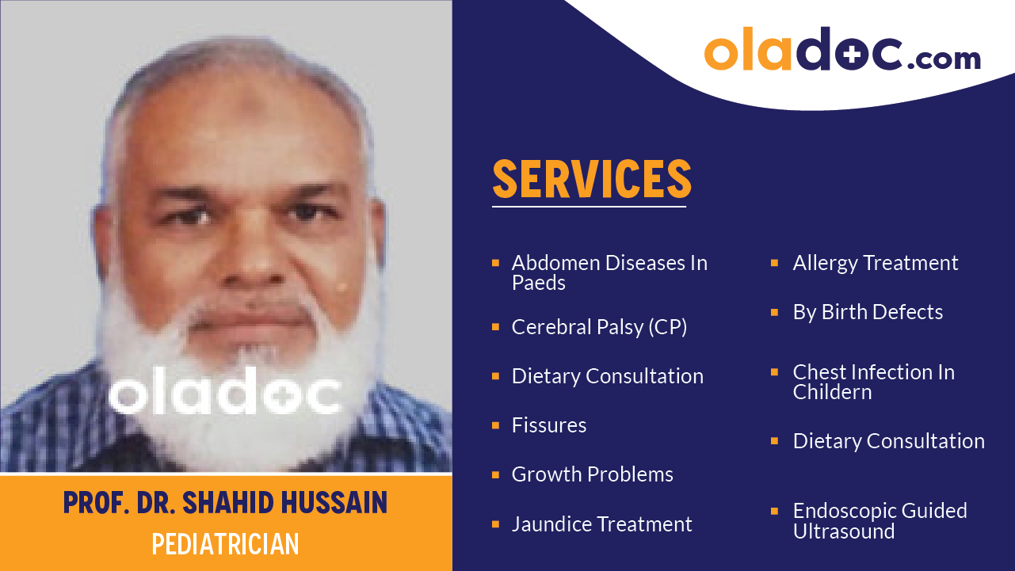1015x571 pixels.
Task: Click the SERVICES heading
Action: coord(592,179)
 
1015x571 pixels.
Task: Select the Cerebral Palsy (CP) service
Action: coord(599,327)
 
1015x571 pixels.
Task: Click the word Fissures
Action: coord(549,425)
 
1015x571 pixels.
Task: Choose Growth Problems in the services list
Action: coord(592,474)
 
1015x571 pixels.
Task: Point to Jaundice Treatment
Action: coord(601,524)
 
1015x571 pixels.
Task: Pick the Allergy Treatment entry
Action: coord(876,263)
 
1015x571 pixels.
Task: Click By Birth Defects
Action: coord(868,312)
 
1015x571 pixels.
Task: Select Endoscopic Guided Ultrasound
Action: coord(880,521)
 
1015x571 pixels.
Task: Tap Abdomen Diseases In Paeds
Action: coord(609,272)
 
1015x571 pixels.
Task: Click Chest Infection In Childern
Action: coord(873,382)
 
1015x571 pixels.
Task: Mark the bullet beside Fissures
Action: coord(496,425)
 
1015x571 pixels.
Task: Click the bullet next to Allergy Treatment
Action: coord(775,262)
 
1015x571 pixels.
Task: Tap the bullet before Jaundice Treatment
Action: coord(496,524)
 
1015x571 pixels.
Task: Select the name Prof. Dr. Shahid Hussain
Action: coord(226,503)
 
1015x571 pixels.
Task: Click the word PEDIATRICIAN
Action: coord(226,544)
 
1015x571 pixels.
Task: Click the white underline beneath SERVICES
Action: coord(589,207)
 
